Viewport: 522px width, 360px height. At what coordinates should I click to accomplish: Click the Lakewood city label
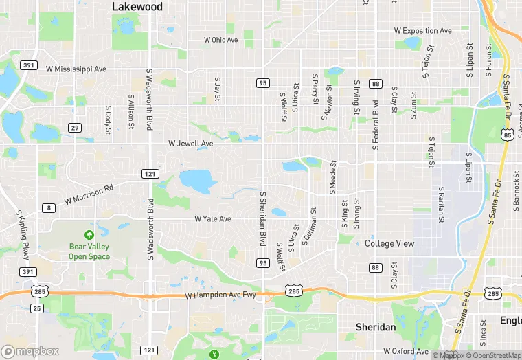[x=137, y=7]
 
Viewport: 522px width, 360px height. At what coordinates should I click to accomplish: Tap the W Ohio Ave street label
[x=220, y=40]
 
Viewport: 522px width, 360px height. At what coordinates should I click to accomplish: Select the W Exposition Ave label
[x=423, y=31]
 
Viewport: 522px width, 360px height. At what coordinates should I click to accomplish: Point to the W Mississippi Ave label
[x=76, y=69]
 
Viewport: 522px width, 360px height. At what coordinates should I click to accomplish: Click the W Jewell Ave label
[x=191, y=144]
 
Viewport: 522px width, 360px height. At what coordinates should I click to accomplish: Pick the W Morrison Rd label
[x=89, y=194]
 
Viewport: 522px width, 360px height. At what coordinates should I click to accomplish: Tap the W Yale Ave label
[x=212, y=219]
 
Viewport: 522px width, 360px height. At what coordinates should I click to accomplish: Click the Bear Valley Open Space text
[x=89, y=251]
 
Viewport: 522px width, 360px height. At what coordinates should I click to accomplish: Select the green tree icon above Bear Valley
[x=89, y=235]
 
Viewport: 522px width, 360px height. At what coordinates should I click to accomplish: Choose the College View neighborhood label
[x=389, y=243]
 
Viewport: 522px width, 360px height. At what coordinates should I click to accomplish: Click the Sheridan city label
[x=376, y=327]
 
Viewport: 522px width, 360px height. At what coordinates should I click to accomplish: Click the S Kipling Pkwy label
[x=21, y=234]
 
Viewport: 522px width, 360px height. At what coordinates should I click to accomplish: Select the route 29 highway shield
[x=75, y=128]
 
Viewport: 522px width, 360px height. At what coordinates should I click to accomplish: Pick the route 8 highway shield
[x=48, y=207]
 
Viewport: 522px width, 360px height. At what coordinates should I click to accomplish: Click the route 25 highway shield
[x=37, y=308]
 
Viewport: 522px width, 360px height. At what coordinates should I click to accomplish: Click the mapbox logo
[x=30, y=351]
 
